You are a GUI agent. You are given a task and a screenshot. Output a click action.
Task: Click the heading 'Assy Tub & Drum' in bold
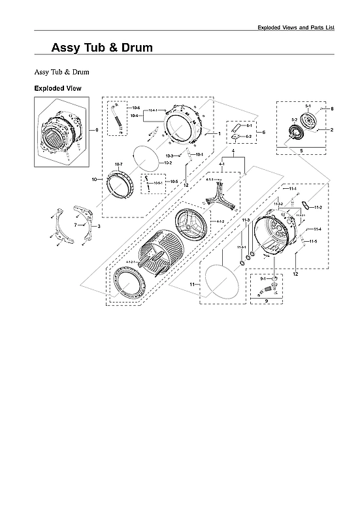(102, 48)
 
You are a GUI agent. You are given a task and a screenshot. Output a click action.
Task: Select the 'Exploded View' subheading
(57, 88)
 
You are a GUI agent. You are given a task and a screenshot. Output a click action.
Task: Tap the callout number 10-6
(137, 107)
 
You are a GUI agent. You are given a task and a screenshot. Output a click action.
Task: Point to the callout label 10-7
(119, 164)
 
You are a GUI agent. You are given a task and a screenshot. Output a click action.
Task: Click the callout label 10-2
(168, 162)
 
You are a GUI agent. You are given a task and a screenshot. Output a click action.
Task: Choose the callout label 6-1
(249, 125)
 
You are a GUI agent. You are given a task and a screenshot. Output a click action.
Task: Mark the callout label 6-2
(249, 136)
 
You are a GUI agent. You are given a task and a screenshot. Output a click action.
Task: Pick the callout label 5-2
(294, 120)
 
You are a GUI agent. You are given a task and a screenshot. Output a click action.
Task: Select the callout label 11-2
(318, 207)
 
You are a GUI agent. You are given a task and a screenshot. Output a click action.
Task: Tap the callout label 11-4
(317, 229)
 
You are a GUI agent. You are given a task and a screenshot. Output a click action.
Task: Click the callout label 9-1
(263, 279)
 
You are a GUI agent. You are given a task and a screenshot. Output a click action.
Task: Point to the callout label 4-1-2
(220, 222)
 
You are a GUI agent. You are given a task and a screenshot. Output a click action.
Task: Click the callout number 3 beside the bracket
(99, 225)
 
